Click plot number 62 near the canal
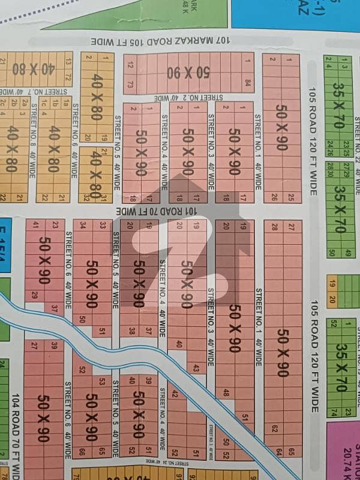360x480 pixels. coord(274,428)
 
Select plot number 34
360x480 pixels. coord(82,225)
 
